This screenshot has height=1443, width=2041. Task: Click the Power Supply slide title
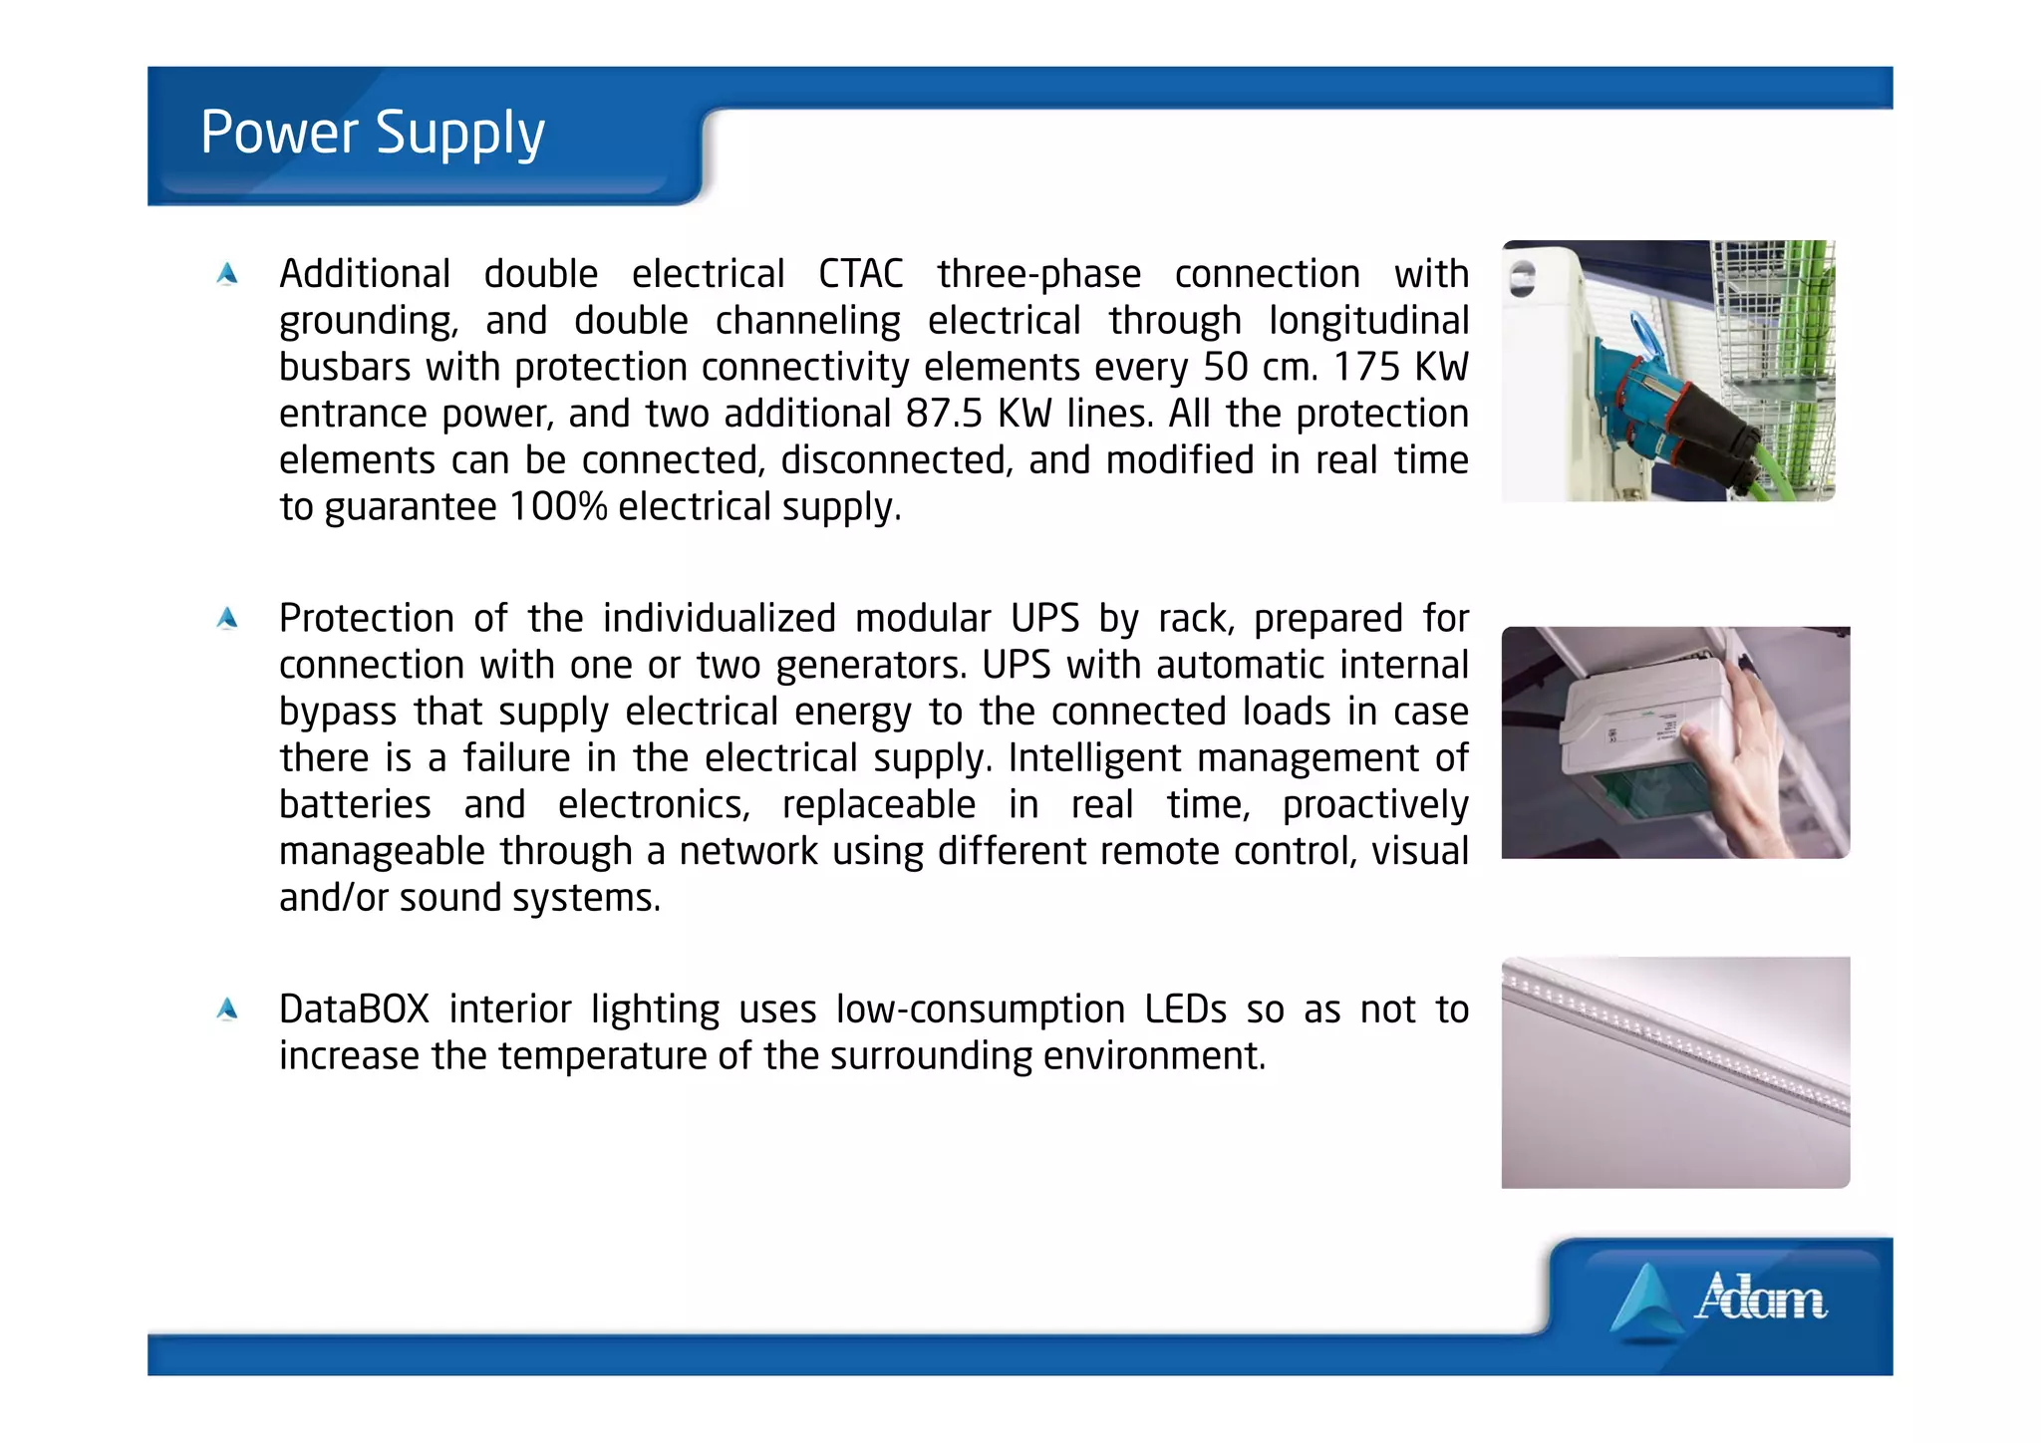(372, 133)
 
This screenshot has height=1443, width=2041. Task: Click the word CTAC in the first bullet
(860, 274)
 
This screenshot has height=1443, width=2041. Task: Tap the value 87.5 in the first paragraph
(944, 414)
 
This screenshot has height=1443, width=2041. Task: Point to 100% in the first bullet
(557, 507)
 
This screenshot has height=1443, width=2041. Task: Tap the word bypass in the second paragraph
(338, 713)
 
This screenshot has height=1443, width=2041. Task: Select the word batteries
(355, 805)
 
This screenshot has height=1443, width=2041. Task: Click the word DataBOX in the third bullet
(354, 1010)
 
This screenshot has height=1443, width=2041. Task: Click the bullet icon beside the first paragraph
(227, 274)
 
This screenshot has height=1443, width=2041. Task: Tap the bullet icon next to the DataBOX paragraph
(227, 1010)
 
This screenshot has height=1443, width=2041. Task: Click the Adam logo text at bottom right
(1761, 1299)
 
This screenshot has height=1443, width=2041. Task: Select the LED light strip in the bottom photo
(1674, 1041)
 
